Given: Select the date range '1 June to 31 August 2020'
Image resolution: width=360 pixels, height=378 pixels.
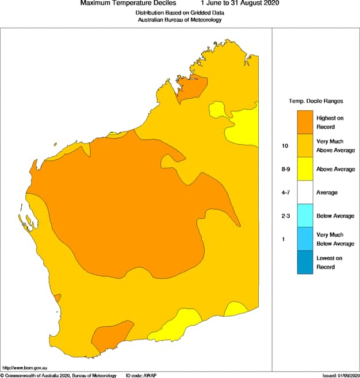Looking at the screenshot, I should [x=239, y=3].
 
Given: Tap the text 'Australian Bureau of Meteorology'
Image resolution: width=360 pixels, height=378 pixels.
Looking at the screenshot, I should [x=179, y=20].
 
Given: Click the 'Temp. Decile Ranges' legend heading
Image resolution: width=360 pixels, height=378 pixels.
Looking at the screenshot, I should [x=316, y=101].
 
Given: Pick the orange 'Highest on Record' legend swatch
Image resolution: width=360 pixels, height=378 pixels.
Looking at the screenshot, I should [x=305, y=122].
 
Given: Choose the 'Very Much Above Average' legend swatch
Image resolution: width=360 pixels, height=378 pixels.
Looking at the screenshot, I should [x=305, y=146].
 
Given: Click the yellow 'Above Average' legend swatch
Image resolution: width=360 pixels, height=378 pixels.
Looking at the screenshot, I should [x=305, y=169].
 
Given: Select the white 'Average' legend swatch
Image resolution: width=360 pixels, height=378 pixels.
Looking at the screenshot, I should [x=305, y=192].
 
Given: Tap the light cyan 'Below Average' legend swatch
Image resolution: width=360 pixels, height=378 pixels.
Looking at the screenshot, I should [x=305, y=216].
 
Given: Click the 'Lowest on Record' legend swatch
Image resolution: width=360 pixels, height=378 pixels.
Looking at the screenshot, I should [x=305, y=263].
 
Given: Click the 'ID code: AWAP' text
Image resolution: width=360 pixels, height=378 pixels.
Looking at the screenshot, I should [x=141, y=375].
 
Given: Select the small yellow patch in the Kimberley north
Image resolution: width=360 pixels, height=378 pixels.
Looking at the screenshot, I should [x=218, y=109].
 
